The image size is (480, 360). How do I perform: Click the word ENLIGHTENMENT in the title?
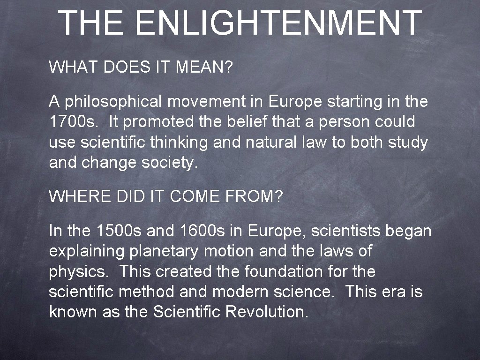click(280, 23)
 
